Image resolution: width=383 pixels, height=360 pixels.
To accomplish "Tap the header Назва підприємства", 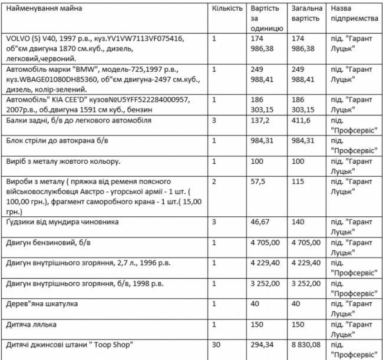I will coord(354,14).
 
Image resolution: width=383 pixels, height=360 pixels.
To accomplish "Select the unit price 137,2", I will coord(260,121).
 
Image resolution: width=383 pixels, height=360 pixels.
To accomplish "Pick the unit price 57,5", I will coord(258,182).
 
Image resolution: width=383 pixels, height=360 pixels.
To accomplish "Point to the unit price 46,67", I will coord(260,223).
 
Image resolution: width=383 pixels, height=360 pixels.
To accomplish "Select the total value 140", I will coord(297,223).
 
